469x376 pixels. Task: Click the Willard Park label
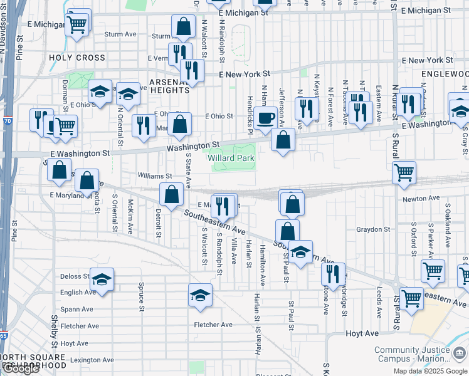click(231, 159)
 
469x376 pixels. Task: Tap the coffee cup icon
click(266, 117)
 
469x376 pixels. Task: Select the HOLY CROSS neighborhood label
click(77, 58)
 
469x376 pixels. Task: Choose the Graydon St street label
click(373, 229)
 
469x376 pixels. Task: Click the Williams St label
click(155, 176)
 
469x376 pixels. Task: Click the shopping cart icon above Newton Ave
click(404, 172)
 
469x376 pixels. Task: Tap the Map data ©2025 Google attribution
click(429, 371)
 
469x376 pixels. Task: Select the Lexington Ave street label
click(92, 360)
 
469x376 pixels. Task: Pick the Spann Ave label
click(77, 309)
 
